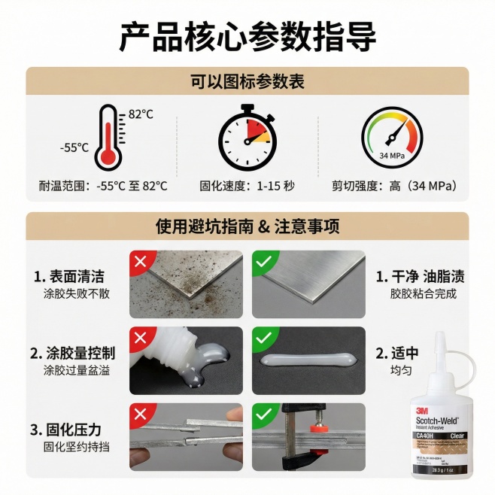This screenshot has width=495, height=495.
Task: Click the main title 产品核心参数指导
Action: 247,35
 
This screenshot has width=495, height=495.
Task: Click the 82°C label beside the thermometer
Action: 141,114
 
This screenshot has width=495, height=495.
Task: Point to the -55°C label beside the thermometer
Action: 74,147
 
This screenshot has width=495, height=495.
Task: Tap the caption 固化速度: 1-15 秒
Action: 247,186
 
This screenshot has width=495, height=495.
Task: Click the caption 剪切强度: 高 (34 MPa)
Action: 394,186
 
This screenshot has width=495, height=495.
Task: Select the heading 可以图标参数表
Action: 247,82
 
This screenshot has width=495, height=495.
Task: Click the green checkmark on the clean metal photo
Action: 263,261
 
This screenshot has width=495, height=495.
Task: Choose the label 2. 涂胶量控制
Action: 73,352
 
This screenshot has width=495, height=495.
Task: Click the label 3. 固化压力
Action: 65,430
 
